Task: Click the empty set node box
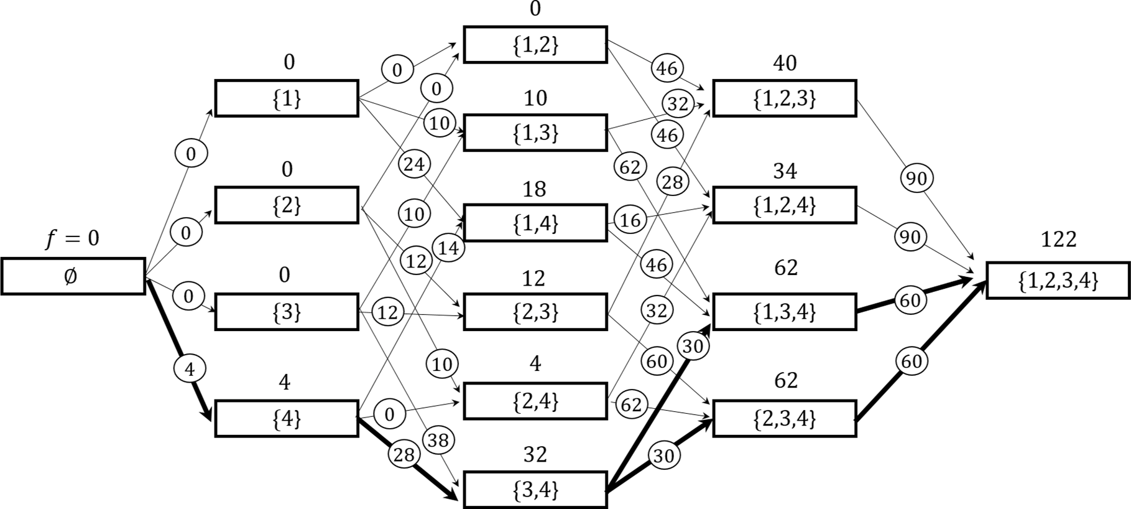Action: [73, 276]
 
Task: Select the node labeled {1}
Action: [287, 98]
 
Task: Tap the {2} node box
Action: [287, 205]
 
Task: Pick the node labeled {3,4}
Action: [535, 490]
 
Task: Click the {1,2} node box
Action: [535, 45]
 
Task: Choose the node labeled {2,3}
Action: [535, 312]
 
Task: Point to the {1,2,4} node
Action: [784, 205]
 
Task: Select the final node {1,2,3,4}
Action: [1058, 281]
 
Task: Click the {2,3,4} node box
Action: [784, 419]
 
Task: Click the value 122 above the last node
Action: [1058, 239]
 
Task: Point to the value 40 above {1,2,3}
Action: [785, 63]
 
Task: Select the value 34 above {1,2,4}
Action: [785, 170]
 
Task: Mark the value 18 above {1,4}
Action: [535, 189]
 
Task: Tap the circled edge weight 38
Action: [438, 441]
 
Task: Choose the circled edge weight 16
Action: [630, 220]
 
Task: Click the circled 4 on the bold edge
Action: [190, 370]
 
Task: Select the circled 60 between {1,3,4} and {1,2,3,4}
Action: [910, 301]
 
